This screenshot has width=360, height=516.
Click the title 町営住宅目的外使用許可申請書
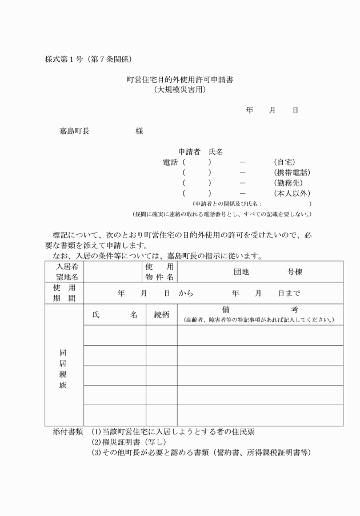pyautogui.click(x=179, y=80)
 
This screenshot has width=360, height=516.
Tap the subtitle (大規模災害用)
pyautogui.click(x=179, y=90)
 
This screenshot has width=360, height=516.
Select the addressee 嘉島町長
pyautogui.click(x=74, y=131)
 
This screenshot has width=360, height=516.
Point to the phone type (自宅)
pyautogui.click(x=285, y=162)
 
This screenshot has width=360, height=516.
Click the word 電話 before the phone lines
pyautogui.click(x=170, y=162)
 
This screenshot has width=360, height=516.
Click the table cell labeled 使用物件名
pyautogui.click(x=161, y=272)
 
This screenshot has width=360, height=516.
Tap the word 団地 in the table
pyautogui.click(x=241, y=272)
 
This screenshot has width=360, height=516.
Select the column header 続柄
pyautogui.click(x=161, y=314)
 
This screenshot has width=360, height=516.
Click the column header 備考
pyautogui.click(x=260, y=310)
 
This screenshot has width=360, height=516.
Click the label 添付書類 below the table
pyautogui.click(x=68, y=432)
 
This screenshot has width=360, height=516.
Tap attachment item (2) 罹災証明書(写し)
pyautogui.click(x=129, y=442)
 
